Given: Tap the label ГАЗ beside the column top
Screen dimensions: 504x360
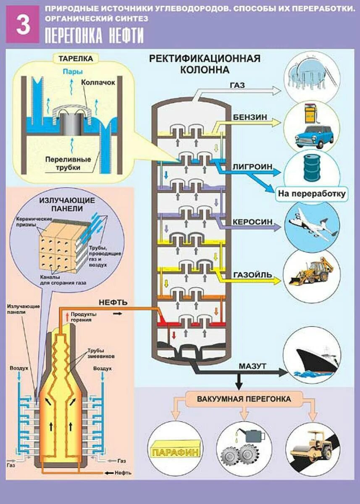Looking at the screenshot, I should pos(237,85).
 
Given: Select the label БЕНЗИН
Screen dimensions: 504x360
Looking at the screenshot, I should pos(250,117).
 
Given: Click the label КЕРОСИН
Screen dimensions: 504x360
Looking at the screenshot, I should pos(250,222).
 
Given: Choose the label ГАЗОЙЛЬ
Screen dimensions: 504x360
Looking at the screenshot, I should pos(251,275).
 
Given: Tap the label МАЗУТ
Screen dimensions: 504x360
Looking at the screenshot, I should pos(252,366).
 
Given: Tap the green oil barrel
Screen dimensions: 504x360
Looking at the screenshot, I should pos(312,167).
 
